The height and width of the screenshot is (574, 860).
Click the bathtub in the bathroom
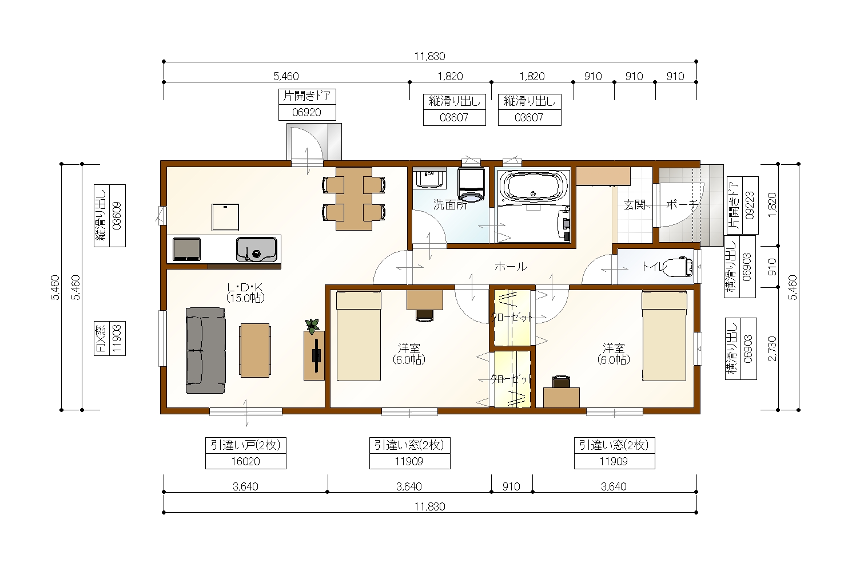coord(533,187)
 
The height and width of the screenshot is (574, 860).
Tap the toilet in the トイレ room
coord(678,267)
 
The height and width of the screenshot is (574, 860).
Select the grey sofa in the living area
coord(205,350)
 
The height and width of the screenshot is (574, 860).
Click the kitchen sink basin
coord(257,250)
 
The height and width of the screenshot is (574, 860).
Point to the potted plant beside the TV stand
coord(312,326)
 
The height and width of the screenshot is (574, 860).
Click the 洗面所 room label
coord(451,204)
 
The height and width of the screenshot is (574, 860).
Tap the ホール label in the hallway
coord(511,266)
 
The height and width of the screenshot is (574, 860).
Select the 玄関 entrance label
coord(634,204)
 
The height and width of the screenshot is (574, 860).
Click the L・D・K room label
coord(245,287)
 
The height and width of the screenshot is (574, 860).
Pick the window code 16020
coord(246,461)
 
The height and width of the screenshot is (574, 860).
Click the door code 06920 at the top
coord(306,112)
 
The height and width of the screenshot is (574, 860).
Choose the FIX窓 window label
coord(101,338)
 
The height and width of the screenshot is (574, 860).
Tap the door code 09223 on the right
coord(750,205)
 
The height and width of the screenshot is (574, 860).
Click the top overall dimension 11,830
coord(429,56)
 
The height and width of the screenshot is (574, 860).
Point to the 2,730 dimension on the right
coord(772,349)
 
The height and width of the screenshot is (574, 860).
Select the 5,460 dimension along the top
coord(286,76)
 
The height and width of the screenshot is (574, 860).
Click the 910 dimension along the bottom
coord(511,486)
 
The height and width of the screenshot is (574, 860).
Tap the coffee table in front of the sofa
coord(255,350)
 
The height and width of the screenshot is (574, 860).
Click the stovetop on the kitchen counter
coord(186,249)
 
